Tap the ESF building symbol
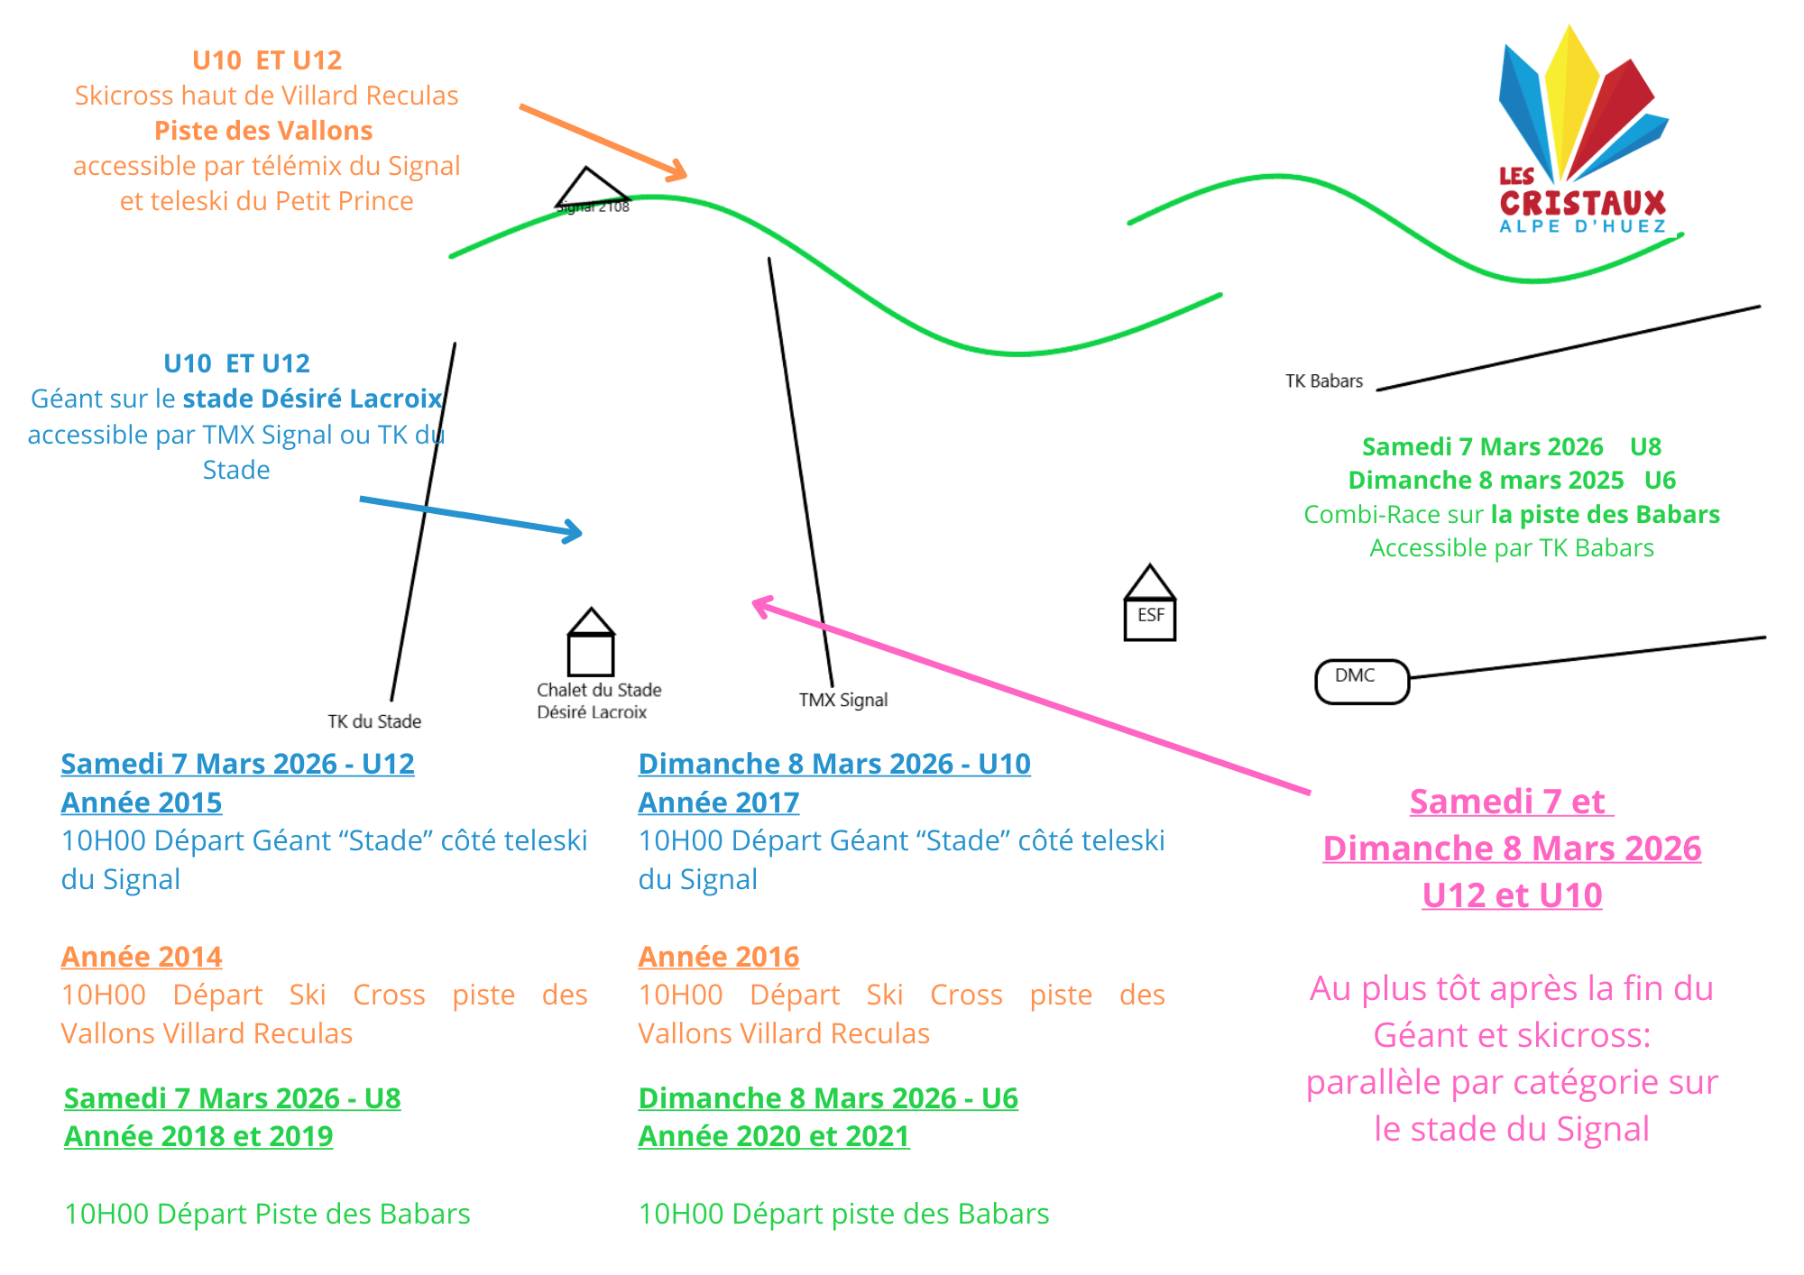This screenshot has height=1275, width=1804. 1149,605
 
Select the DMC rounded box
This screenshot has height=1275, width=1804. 1361,681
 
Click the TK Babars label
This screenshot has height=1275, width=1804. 1323,381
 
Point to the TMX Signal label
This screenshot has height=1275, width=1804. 842,700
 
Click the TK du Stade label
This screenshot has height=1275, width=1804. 374,721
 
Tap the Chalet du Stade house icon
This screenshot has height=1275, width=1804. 591,643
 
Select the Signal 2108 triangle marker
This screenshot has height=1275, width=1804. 590,188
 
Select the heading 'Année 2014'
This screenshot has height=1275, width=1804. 142,956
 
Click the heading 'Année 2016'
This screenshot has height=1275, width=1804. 719,956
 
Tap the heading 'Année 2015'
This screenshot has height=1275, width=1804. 142,802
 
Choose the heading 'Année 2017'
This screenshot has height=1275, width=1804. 719,802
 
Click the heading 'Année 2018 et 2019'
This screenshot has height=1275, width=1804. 198,1136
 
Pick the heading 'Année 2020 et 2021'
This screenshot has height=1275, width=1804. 774,1136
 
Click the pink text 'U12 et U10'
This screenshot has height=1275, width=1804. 1512,895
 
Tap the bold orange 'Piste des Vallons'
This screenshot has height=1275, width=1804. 263,131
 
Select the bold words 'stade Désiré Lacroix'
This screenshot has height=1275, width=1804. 312,399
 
